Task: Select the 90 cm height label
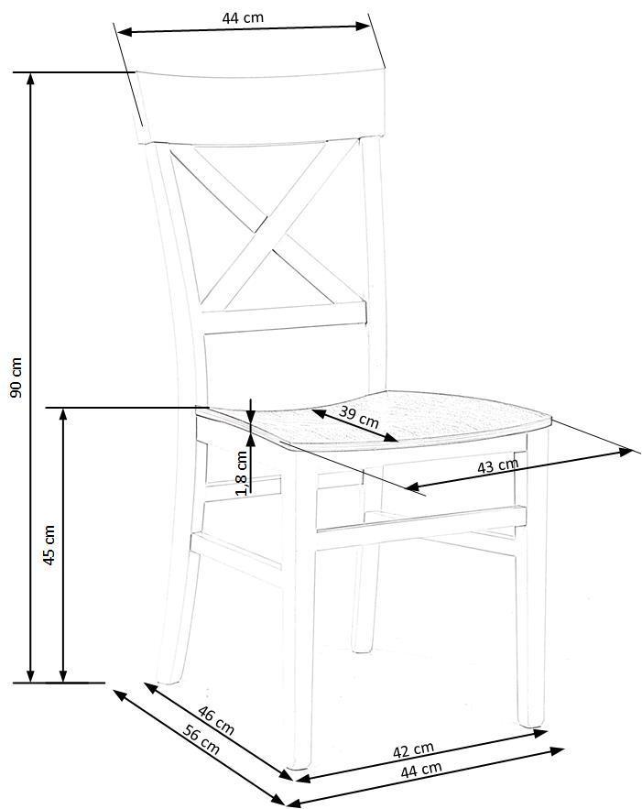[15, 377]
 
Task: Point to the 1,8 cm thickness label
[241, 471]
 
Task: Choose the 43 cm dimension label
[498, 466]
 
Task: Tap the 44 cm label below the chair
[421, 770]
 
